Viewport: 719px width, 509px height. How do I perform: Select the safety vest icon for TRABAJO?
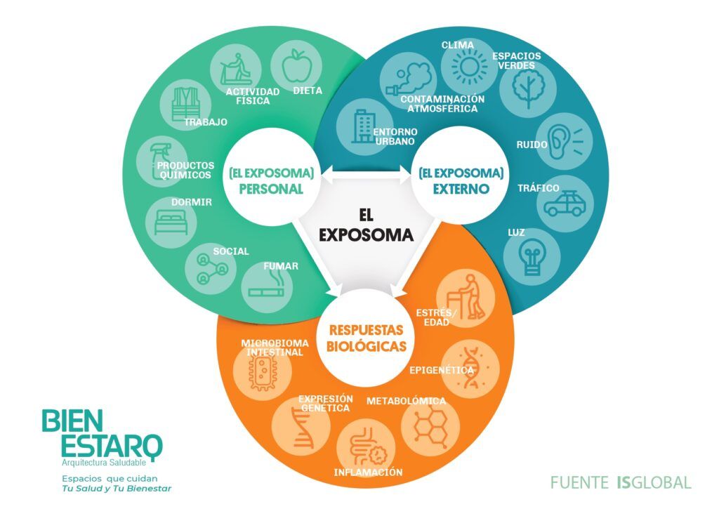[x=185, y=104]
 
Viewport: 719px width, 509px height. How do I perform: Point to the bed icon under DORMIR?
[x=171, y=223]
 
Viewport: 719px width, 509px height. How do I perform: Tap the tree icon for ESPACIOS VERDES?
[x=528, y=89]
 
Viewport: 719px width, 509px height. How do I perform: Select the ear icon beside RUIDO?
[x=565, y=140]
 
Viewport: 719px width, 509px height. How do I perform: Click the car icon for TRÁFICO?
[x=565, y=204]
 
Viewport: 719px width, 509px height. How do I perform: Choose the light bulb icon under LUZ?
[x=532, y=259]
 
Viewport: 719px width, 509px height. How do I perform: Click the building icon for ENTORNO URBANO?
[x=364, y=126]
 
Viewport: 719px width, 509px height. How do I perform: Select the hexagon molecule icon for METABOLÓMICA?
[x=430, y=428]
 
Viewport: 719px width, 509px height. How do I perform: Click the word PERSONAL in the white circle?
[x=272, y=189]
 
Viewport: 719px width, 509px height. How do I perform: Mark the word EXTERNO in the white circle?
[x=461, y=189]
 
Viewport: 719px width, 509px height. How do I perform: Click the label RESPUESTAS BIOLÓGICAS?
[x=367, y=338]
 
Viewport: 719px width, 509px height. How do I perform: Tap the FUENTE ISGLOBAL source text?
[x=621, y=482]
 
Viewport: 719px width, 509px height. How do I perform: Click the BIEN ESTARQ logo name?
[x=102, y=433]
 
